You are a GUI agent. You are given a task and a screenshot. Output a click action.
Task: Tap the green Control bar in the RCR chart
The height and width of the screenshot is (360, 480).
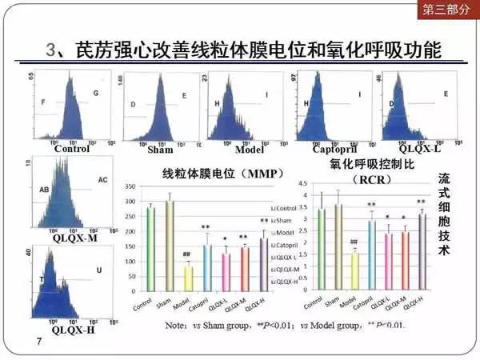(x=321, y=249)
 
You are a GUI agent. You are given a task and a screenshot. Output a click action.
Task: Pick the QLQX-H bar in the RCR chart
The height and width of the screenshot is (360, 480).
(x=421, y=253)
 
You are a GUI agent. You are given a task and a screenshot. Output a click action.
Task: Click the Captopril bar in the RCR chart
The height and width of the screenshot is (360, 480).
(x=371, y=255)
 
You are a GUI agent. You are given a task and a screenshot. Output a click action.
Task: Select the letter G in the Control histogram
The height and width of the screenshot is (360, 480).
(x=95, y=94)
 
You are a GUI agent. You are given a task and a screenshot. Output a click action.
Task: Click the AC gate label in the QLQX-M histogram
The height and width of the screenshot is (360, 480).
(x=102, y=180)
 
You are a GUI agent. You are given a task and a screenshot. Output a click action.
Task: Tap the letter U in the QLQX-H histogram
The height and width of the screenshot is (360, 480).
(x=98, y=271)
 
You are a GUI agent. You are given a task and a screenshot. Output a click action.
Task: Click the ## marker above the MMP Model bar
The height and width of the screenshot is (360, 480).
(x=186, y=255)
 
